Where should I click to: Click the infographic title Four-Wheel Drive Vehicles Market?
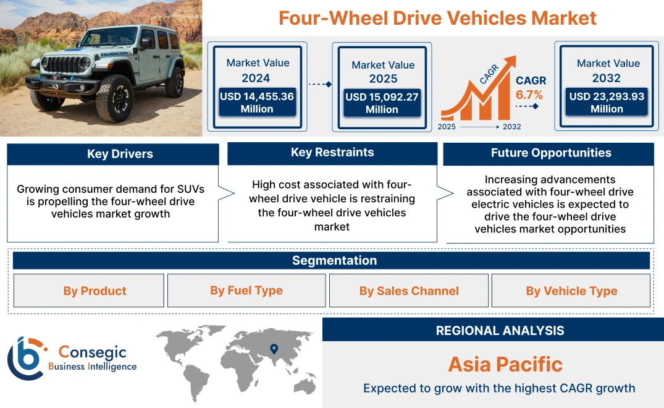tap(437, 17)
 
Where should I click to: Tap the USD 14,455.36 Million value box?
tap(257, 103)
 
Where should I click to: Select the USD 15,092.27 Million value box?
tap(382, 103)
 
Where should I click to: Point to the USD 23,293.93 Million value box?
tap(607, 103)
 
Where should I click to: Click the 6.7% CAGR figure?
tap(529, 95)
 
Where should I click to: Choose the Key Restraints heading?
tap(332, 153)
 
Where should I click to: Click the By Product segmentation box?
tap(95, 291)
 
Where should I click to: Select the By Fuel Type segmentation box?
tap(246, 291)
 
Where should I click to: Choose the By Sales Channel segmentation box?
tap(409, 291)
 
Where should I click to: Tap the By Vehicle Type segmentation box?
tap(571, 291)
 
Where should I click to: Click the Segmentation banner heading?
tap(334, 260)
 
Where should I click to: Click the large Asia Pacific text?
tap(505, 364)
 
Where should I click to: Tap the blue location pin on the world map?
tap(274, 350)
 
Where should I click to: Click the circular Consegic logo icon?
tap(25, 359)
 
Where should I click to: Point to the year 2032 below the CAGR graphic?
tap(511, 127)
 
